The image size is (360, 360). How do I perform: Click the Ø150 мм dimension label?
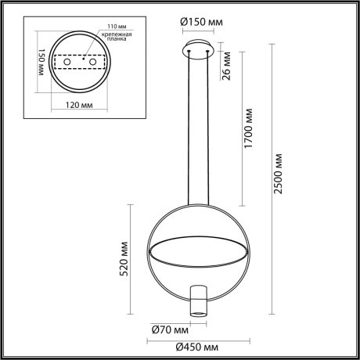click(x=200, y=22)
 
